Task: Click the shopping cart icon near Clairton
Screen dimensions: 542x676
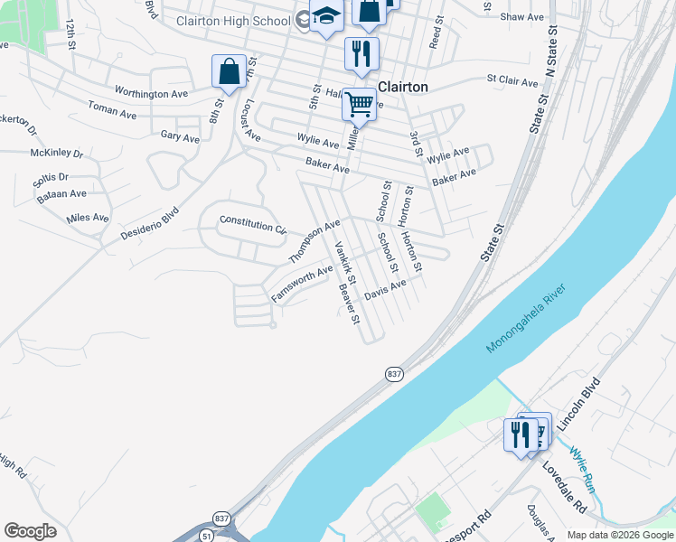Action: click(359, 105)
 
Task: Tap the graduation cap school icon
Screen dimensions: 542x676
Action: click(325, 15)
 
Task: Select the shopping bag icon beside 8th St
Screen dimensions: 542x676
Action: click(230, 70)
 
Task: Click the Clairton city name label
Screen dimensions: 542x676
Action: click(402, 88)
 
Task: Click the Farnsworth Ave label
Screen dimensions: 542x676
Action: click(302, 284)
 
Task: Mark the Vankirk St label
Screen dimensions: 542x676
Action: click(345, 261)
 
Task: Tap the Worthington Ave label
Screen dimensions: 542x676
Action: click(151, 93)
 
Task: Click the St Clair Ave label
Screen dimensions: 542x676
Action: click(512, 81)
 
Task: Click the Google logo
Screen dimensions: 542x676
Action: click(30, 531)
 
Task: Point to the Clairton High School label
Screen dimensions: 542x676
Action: click(232, 21)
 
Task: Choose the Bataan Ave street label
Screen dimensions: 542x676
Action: click(66, 193)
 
